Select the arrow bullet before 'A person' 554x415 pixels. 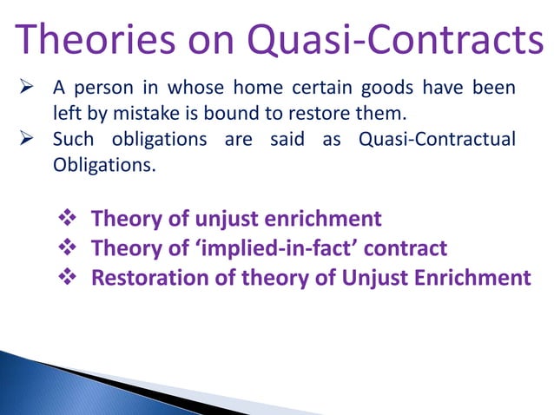tap(26, 88)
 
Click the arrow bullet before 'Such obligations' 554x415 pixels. tap(26, 139)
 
